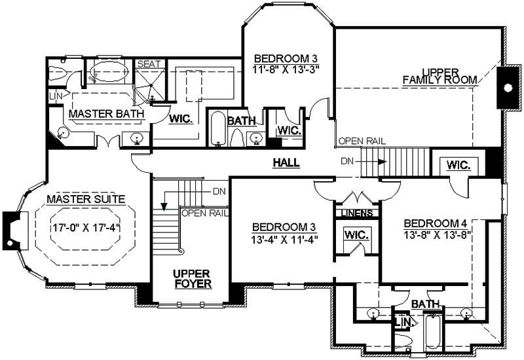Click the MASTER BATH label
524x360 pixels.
click(x=107, y=114)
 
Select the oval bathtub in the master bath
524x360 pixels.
click(x=109, y=72)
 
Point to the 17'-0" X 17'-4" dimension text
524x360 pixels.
click(x=86, y=230)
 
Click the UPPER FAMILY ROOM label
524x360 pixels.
click(x=440, y=75)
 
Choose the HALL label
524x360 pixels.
click(x=286, y=162)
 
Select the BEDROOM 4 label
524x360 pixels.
click(x=436, y=221)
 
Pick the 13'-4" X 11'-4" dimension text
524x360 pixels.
click(x=284, y=239)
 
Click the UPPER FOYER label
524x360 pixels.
click(x=191, y=278)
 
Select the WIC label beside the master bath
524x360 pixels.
click(x=181, y=119)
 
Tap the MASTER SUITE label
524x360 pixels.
click(x=85, y=199)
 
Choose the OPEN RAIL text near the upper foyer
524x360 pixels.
click(x=204, y=213)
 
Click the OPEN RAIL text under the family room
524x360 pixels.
click(x=362, y=141)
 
